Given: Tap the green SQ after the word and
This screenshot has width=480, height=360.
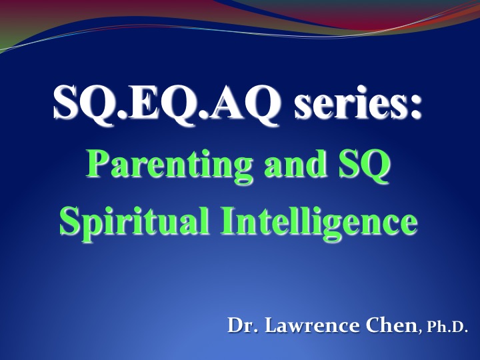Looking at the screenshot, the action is [364, 165].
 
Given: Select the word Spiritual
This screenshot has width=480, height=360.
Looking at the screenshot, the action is [135, 221].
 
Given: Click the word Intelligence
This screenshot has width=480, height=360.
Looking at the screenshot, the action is [319, 221].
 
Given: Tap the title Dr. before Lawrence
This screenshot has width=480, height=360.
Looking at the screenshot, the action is [243, 325].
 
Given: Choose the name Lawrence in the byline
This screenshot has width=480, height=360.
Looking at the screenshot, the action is [312, 325].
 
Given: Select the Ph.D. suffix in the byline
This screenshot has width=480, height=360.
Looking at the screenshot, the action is [447, 327].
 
